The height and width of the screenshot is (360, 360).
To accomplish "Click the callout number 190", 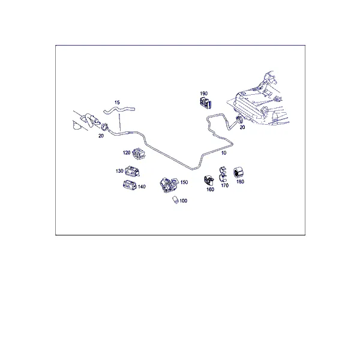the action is tap(203, 94).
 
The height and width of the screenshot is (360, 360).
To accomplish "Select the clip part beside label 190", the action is tap(205, 103).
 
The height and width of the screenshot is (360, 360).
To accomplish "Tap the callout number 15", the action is tap(117, 103).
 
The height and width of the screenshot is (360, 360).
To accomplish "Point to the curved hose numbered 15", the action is tap(119, 110).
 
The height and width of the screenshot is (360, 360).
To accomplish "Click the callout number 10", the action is tap(224, 152).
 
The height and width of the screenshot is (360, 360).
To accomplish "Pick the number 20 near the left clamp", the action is tap(101, 136).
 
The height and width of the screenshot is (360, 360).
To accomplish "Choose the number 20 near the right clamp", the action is tap(242, 127).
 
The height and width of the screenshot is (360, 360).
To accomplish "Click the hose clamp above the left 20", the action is tap(105, 126).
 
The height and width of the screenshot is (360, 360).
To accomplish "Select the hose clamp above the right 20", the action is tap(239, 119).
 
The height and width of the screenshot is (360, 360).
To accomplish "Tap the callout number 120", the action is tap(127, 152).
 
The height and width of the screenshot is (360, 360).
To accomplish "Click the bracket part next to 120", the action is tap(139, 154).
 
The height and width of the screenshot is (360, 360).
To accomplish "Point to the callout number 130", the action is tap(119, 171).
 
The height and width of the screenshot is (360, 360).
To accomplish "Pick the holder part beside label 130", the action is tap(133, 171).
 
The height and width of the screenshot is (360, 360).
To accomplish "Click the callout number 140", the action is tap(142, 187).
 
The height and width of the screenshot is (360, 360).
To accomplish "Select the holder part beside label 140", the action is tap(130, 185).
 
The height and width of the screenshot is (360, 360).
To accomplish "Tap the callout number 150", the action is tap(184, 182).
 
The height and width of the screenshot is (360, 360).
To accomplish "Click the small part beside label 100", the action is tap(176, 200).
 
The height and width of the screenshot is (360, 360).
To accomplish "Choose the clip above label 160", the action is tap(209, 181).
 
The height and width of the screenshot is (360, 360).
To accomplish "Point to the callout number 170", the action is tap(225, 185).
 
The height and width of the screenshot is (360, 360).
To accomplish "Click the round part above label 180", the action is tap(238, 173).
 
